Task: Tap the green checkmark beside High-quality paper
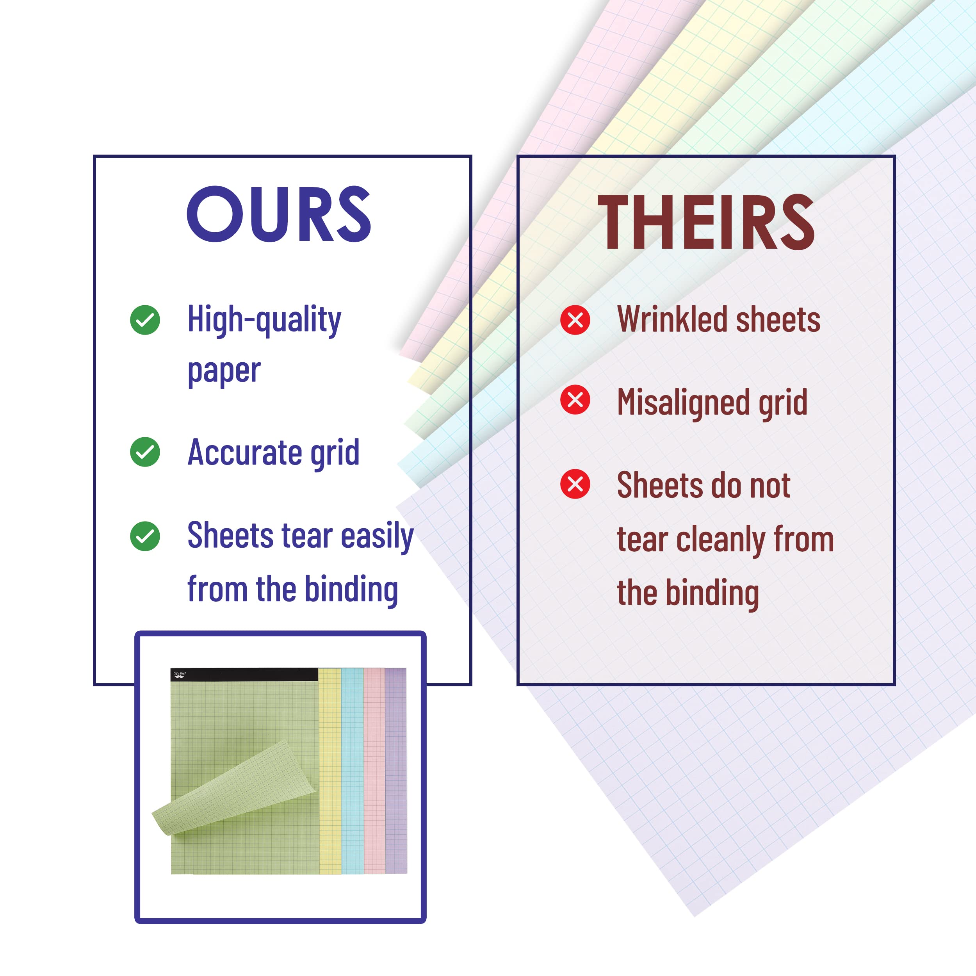[145, 320]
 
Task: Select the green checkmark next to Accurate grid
[145, 452]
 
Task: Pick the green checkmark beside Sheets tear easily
[145, 536]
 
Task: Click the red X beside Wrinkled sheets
[575, 320]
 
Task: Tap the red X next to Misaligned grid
[575, 400]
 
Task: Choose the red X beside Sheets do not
[575, 484]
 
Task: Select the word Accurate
[244, 452]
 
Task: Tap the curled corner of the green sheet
[232, 788]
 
